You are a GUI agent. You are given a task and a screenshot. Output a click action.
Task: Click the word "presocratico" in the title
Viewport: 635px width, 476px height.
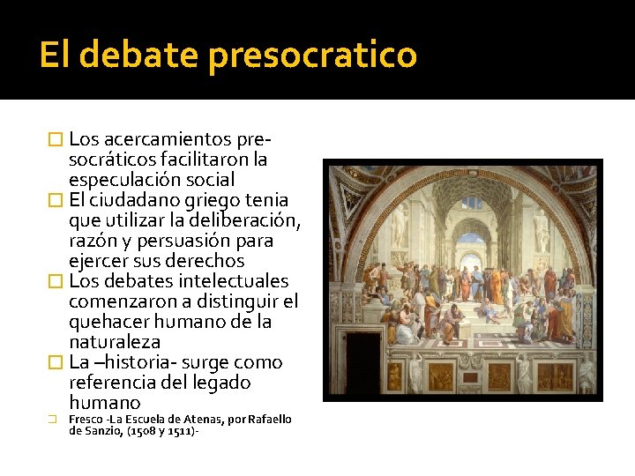pos(312,56)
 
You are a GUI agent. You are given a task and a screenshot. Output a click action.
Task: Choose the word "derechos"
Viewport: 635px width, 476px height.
pos(205,261)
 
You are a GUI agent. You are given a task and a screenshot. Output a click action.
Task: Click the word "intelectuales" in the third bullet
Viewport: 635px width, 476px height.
pos(233,281)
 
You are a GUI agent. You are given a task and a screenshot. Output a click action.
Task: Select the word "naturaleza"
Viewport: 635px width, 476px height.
pos(115,342)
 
